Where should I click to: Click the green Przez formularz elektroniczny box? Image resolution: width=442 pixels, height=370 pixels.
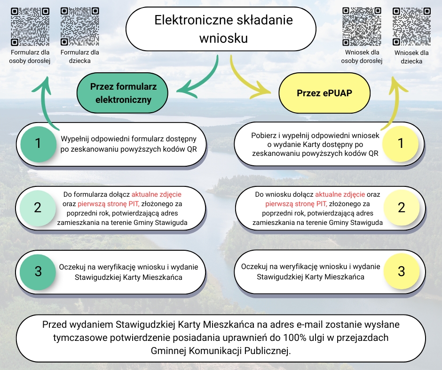[x=123, y=93]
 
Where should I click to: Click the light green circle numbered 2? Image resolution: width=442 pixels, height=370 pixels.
[x=38, y=208]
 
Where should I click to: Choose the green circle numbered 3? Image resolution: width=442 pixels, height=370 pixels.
[x=38, y=271]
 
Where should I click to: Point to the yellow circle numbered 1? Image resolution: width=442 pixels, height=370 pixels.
[x=401, y=144]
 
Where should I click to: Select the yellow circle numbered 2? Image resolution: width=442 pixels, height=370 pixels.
[x=401, y=208]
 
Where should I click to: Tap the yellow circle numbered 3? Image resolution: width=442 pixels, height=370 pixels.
[x=401, y=271]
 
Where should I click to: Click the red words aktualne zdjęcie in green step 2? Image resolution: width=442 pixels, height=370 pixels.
[x=157, y=194]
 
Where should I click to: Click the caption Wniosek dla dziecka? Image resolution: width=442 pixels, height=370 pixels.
[x=411, y=57]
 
